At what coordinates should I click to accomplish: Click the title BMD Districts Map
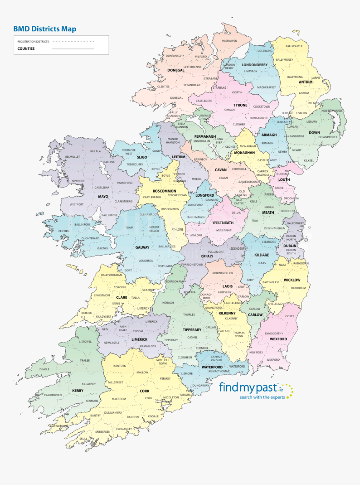click(x=45, y=29)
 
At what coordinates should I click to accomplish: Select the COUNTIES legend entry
click(x=26, y=49)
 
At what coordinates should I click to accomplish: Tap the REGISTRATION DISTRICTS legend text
click(x=33, y=41)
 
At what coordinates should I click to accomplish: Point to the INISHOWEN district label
click(x=229, y=41)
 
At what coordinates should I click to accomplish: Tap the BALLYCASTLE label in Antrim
click(x=294, y=46)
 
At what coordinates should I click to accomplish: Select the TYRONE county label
click(x=240, y=105)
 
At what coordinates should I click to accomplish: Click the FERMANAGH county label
click(x=205, y=136)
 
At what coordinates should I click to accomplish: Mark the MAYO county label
click(x=103, y=196)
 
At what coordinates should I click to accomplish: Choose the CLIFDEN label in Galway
click(x=64, y=231)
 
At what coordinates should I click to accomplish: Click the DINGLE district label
click(x=44, y=369)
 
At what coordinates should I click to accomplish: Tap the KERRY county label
click(x=78, y=390)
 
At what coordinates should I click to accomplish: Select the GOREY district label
click(x=290, y=316)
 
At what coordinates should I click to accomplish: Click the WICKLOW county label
click(x=292, y=280)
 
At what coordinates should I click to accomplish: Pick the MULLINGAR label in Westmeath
click(x=224, y=230)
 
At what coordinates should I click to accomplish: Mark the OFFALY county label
click(x=207, y=256)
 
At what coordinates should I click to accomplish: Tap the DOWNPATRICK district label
click(x=328, y=137)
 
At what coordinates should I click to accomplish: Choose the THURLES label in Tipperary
click(x=189, y=314)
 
